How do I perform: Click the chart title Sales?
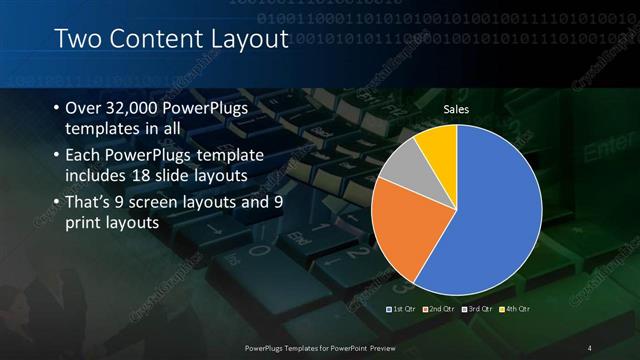(x=456, y=109)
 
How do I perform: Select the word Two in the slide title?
(x=75, y=40)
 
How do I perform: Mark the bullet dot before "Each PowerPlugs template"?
(x=54, y=156)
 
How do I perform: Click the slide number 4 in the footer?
(x=589, y=347)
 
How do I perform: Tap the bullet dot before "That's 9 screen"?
(x=54, y=202)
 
